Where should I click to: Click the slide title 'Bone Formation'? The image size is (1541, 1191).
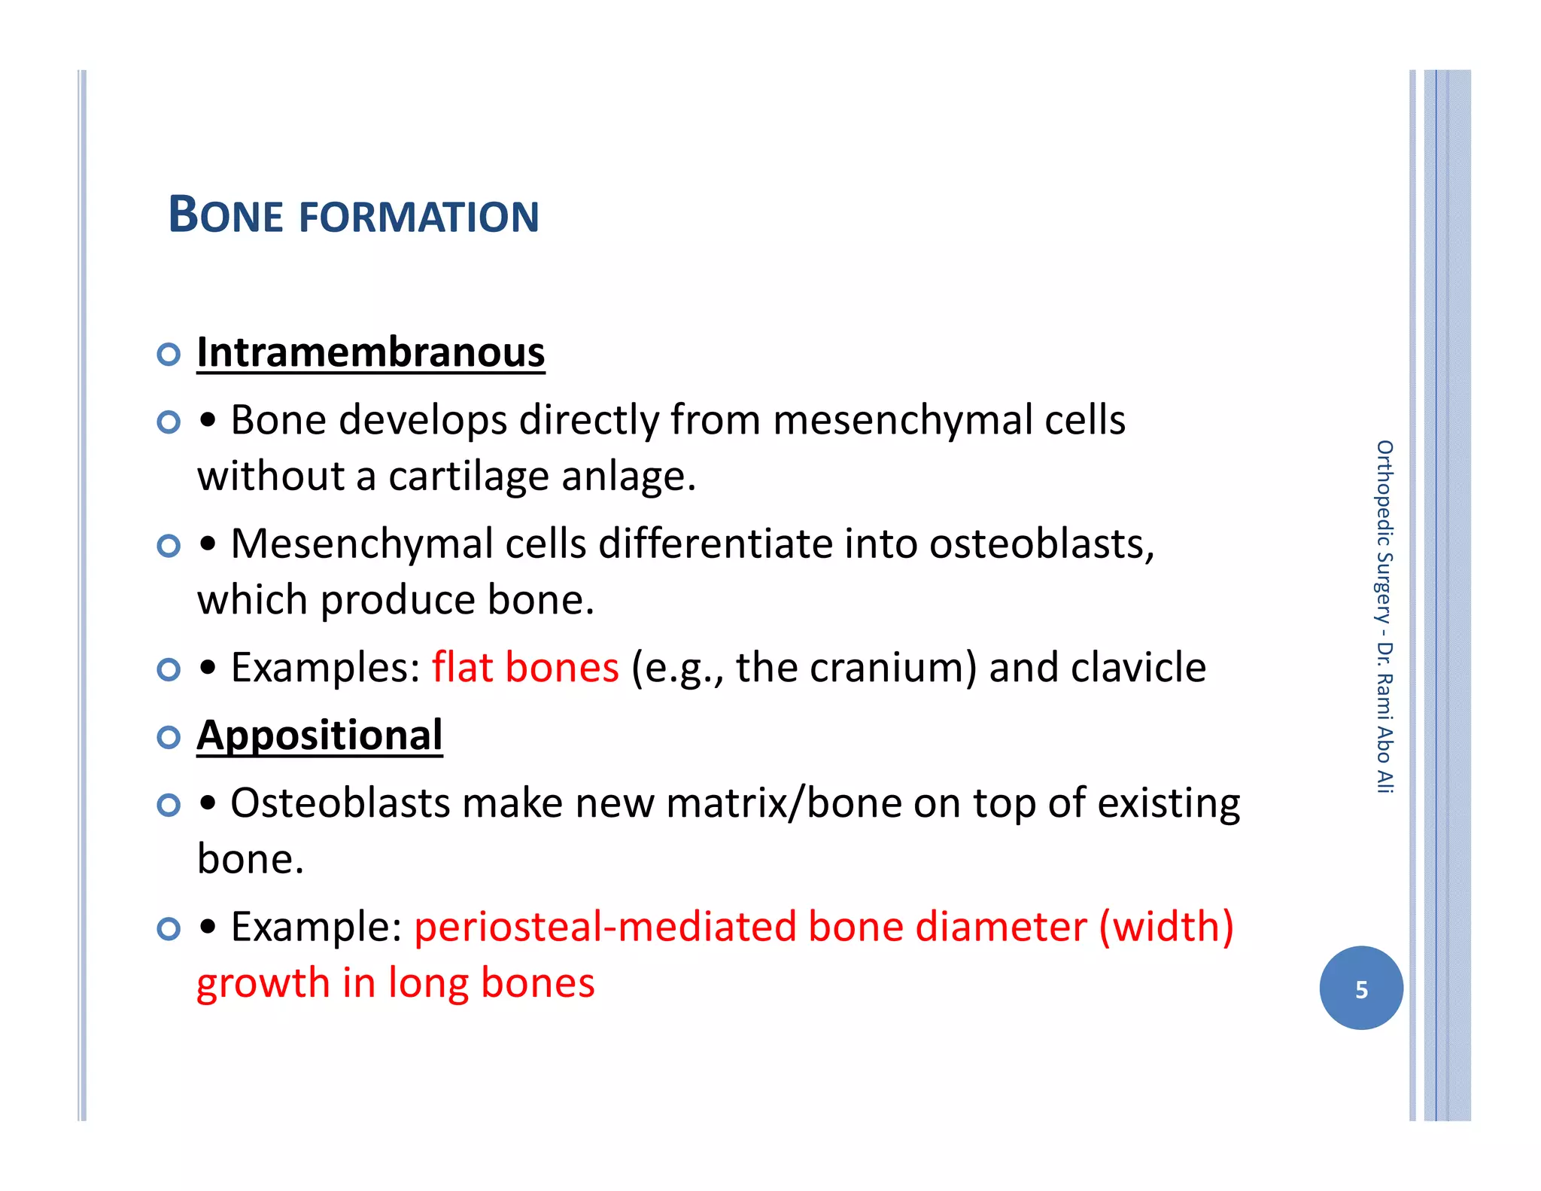[x=353, y=216]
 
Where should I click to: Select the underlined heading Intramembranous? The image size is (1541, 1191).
[x=370, y=352]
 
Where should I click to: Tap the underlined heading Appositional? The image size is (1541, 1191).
[x=320, y=736]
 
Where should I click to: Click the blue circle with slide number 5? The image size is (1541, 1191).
[x=1360, y=988]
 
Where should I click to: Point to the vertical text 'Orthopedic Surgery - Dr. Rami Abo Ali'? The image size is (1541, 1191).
[x=1384, y=617]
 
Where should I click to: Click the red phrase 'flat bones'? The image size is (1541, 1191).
[x=524, y=668]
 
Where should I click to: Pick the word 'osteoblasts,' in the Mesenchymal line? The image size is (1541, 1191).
[x=1041, y=544]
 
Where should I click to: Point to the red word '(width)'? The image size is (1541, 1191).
[x=1166, y=927]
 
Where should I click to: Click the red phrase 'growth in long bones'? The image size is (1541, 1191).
[x=396, y=983]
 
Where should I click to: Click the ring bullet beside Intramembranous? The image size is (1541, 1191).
[x=169, y=354]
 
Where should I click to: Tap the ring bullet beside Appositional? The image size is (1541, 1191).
[x=169, y=737]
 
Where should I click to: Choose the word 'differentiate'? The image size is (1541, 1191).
[x=715, y=544]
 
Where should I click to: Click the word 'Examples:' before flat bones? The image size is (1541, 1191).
[x=325, y=668]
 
